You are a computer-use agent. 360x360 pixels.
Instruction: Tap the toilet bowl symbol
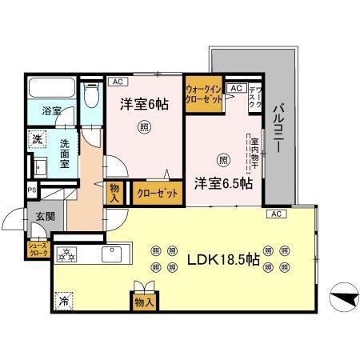(91, 95)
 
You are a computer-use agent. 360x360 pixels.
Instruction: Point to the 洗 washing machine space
(38, 138)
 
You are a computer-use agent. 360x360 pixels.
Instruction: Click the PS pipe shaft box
(31, 190)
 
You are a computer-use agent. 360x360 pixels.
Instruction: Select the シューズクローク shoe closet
(38, 249)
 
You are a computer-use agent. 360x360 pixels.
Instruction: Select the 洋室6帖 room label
(144, 103)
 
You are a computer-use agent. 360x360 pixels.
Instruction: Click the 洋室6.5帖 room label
(223, 183)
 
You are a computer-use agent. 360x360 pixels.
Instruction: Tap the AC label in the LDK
(275, 214)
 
